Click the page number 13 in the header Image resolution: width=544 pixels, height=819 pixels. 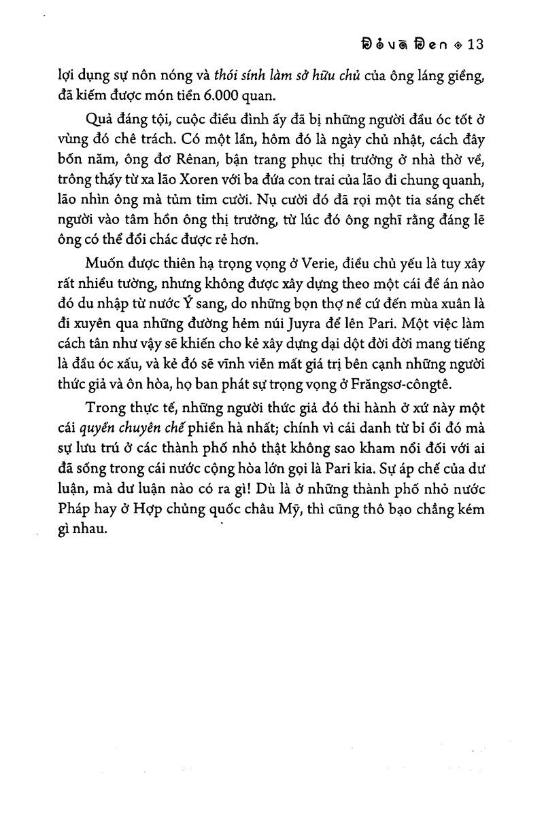pos(473,45)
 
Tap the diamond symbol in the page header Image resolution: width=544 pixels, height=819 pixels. pos(457,45)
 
